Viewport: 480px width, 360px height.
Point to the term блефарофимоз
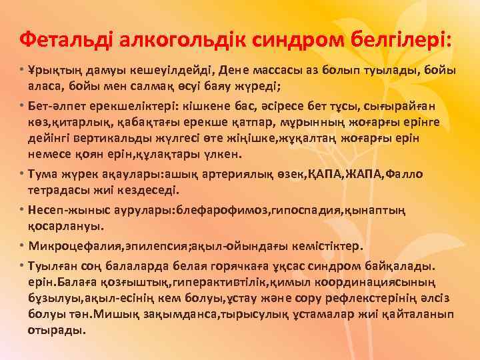tap(217, 210)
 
